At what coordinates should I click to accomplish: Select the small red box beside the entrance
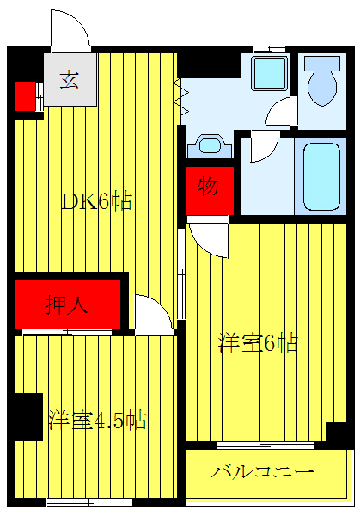point(25,95)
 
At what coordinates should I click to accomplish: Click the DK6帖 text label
point(95,201)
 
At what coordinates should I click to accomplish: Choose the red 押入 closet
point(64,303)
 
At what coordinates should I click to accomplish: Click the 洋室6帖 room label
point(258,343)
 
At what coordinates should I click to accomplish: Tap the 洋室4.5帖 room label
point(96,420)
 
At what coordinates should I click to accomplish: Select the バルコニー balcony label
point(262,472)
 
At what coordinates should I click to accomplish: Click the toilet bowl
point(324,81)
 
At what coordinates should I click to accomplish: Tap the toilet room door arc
point(280,114)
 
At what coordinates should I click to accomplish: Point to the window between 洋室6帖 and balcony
point(264,445)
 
